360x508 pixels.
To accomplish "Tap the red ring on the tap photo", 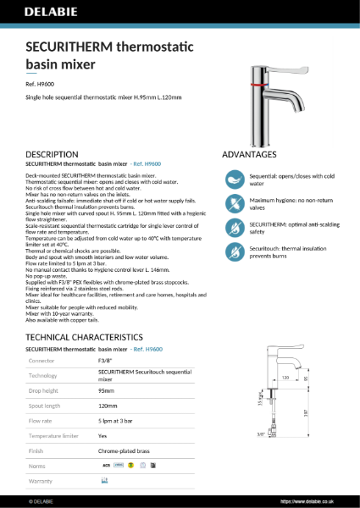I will coord(256,86).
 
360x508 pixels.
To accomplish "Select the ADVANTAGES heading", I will coord(249,154).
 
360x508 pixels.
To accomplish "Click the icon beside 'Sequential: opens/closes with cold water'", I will coord(233,179).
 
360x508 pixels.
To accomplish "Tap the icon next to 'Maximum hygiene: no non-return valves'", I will coord(233,203).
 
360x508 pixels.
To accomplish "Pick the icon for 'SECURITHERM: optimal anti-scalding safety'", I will coord(233,228).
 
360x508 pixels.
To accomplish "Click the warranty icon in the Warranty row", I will coord(104,480).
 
